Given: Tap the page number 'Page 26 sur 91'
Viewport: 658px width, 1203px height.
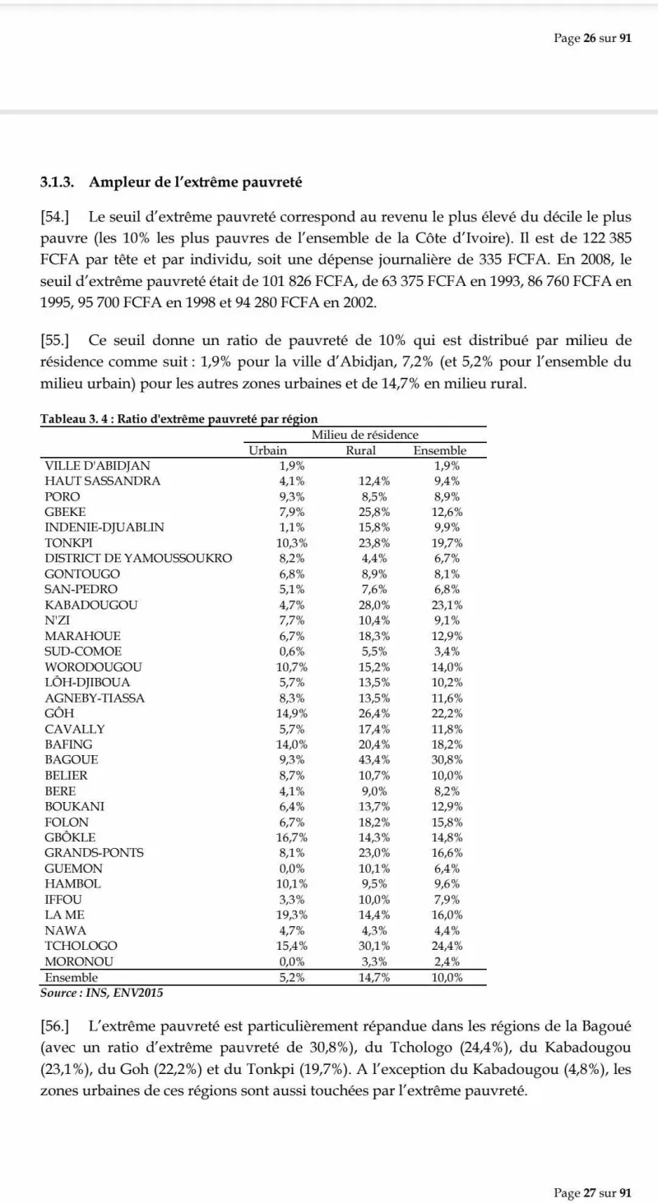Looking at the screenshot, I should pos(592,39).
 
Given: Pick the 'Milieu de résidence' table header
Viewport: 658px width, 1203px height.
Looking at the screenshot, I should pos(364,435).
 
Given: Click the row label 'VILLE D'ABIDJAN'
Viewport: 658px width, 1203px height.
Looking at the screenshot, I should pos(97,465).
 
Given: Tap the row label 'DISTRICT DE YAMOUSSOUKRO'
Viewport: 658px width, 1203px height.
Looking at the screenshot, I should pos(138,558).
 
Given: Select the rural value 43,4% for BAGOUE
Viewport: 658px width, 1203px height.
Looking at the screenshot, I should pos(375,759).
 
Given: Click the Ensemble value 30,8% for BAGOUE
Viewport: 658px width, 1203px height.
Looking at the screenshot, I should pos(447,759).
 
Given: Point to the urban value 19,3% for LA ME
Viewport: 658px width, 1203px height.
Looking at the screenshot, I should pos(293,914).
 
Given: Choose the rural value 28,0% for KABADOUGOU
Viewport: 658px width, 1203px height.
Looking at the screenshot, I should pos(375,605).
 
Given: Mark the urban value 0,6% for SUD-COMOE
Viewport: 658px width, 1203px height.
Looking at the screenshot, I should pos(293,651).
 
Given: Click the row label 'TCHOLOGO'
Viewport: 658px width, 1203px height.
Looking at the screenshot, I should pos(81,946).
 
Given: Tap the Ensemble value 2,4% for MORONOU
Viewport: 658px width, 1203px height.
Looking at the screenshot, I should pos(447,961).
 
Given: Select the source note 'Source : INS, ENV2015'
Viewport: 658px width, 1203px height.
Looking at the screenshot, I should pos(102,993).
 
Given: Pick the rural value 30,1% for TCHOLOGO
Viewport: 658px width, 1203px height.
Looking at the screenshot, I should pos(375,946).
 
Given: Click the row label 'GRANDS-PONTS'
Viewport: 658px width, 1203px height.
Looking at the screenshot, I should pos(94,852).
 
